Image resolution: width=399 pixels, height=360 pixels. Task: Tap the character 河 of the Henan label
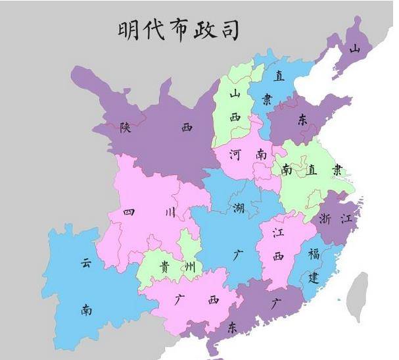pyautogui.click(x=235, y=155)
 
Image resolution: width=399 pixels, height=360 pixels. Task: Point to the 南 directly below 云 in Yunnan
pyautogui.click(x=86, y=309)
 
